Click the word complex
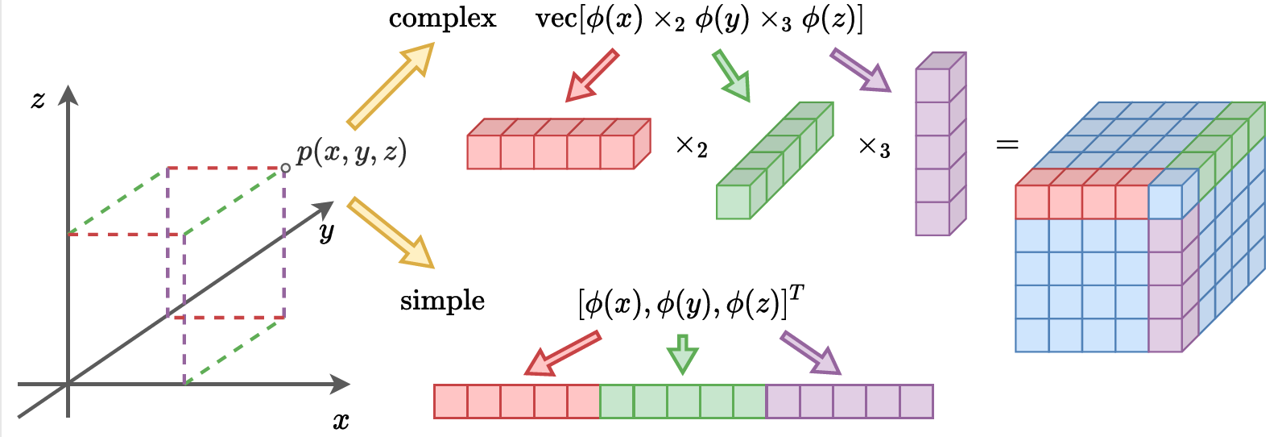[x=442, y=19]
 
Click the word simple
[x=442, y=301]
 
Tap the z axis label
[x=38, y=100]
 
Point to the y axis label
[x=326, y=233]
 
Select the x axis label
[x=341, y=421]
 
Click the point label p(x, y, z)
[x=351, y=152]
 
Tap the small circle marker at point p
[x=286, y=169]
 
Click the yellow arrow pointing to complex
[x=390, y=86]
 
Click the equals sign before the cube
[x=1007, y=145]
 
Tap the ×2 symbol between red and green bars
[x=691, y=147]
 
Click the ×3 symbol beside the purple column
[x=874, y=148]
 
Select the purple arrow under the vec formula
[x=860, y=70]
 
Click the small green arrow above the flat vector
[x=683, y=353]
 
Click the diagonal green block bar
[x=773, y=161]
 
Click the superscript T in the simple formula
[x=796, y=293]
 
